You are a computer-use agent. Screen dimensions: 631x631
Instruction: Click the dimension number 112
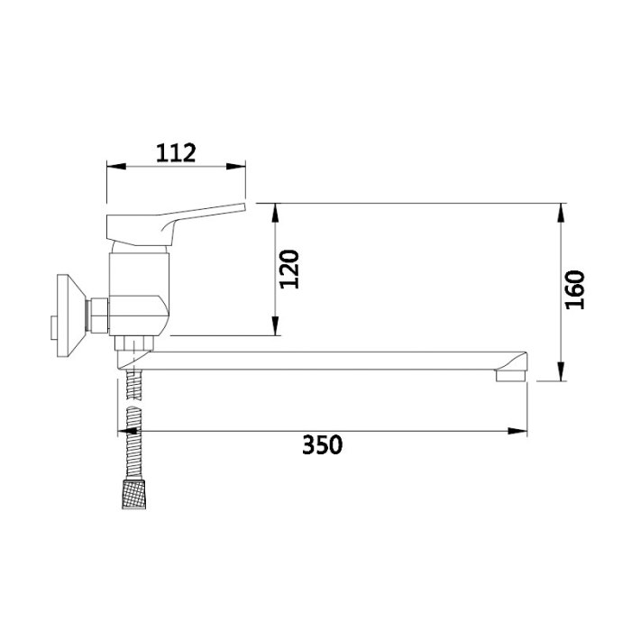[x=176, y=153]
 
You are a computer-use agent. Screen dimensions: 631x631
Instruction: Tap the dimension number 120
[x=289, y=270]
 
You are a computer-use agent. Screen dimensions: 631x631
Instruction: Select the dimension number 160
[x=575, y=289]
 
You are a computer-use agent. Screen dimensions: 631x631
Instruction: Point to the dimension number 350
[x=323, y=444]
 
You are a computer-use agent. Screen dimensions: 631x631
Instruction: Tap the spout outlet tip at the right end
[x=511, y=376]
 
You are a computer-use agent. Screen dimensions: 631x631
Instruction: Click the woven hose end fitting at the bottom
[x=134, y=494]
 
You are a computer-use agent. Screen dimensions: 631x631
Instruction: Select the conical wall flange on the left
[x=71, y=315]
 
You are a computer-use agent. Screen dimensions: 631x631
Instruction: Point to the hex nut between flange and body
[x=98, y=315]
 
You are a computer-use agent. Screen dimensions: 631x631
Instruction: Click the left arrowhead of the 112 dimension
[x=116, y=166]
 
